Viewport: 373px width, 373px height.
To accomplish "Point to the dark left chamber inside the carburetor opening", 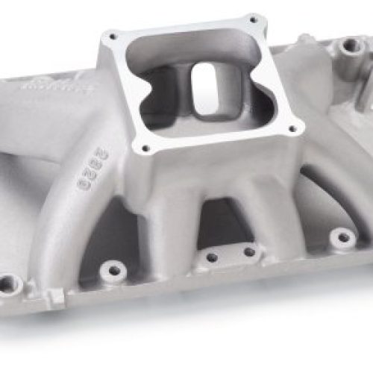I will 168,86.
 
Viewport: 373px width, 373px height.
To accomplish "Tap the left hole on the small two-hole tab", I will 211,257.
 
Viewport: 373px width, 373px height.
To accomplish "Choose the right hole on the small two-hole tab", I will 242,257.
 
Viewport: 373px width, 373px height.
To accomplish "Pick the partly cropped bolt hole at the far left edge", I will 9,284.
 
